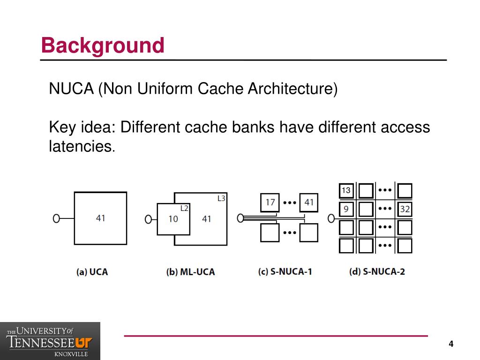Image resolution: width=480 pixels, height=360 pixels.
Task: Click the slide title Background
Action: click(103, 45)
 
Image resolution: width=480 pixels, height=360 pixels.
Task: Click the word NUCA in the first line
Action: click(71, 89)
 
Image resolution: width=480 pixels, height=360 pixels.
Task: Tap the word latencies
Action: click(82, 146)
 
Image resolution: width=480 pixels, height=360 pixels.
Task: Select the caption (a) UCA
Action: click(92, 272)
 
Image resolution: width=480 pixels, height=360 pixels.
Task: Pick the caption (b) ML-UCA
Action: click(190, 272)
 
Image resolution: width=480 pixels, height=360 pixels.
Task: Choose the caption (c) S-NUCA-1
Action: click(285, 271)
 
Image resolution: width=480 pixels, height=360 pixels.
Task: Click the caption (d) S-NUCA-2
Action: click(377, 271)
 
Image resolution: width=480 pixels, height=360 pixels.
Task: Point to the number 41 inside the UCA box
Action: click(100, 218)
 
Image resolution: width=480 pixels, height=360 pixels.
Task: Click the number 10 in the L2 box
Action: click(173, 219)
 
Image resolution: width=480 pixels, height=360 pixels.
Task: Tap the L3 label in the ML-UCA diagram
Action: click(221, 198)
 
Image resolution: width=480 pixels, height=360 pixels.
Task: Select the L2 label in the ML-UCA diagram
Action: click(184, 209)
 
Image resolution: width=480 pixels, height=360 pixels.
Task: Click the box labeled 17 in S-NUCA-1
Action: click(270, 202)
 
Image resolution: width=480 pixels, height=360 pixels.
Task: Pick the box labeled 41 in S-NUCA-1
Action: click(308, 202)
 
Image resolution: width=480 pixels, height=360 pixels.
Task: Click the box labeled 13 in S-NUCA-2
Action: click(346, 190)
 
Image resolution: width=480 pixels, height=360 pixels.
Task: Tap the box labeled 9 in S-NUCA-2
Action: click(346, 209)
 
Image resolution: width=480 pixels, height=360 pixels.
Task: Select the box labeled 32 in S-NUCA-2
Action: click(405, 209)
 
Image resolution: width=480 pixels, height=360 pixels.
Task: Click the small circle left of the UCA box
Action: click(56, 218)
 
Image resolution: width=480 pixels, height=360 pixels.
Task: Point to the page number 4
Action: click(451, 344)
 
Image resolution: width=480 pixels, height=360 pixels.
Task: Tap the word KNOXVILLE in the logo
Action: click(71, 354)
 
